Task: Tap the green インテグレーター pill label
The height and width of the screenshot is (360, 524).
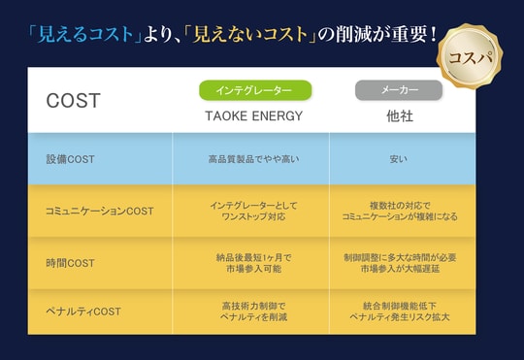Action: (255, 90)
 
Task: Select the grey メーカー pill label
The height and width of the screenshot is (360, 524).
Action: (399, 90)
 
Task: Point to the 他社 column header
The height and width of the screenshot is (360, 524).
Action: (399, 115)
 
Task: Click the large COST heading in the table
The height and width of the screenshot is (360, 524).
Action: (73, 101)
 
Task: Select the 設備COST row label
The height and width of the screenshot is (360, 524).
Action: (70, 159)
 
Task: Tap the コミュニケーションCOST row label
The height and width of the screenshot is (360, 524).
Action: (100, 211)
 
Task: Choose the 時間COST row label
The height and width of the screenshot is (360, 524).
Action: (70, 263)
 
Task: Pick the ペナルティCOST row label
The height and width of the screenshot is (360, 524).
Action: (82, 311)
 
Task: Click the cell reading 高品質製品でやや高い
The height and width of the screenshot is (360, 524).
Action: (250, 159)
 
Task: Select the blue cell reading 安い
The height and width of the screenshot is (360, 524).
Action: (398, 159)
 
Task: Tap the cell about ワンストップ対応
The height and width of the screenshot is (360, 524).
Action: (250, 212)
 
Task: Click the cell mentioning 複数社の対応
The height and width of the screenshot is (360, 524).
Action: (398, 212)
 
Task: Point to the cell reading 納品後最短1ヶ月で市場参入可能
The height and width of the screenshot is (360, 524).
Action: (250, 263)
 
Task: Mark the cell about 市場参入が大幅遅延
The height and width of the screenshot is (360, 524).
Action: (398, 263)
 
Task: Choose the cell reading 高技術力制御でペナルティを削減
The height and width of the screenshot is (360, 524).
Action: (250, 311)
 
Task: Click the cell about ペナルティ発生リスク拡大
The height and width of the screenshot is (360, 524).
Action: (398, 311)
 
